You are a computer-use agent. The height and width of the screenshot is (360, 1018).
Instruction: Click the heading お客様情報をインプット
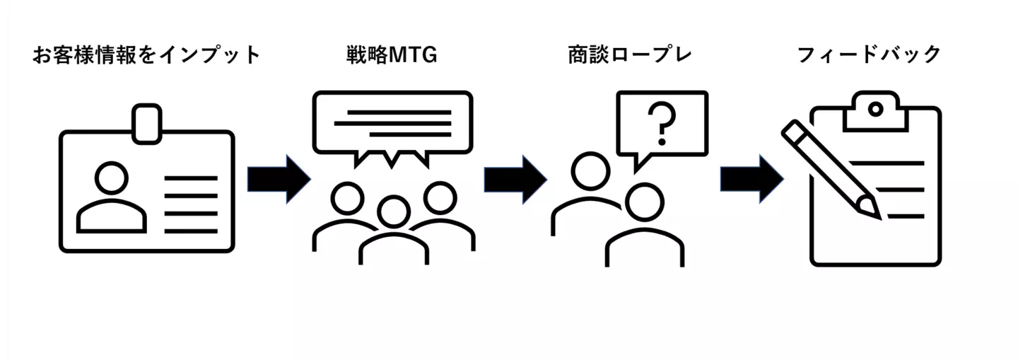146,55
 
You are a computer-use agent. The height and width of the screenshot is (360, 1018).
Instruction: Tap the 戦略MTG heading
392,55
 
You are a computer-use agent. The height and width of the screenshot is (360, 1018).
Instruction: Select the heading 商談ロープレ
630,55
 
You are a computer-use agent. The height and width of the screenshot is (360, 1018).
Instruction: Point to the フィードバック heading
869,55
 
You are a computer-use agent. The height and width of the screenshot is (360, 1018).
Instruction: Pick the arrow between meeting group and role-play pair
515,179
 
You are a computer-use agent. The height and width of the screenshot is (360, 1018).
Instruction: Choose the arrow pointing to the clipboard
751,179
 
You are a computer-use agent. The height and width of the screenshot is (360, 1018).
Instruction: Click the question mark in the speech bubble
662,124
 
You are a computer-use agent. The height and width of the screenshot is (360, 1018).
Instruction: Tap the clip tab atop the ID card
147,124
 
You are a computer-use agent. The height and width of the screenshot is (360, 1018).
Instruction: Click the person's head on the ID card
112,178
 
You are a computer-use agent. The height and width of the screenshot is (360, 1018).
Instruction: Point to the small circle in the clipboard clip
875,109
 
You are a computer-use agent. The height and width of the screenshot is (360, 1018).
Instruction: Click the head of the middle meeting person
394,211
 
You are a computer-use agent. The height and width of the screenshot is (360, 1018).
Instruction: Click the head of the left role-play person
590,171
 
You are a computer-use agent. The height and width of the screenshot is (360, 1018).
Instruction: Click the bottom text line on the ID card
191,231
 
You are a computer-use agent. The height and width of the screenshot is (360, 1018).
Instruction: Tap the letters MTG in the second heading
413,55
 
